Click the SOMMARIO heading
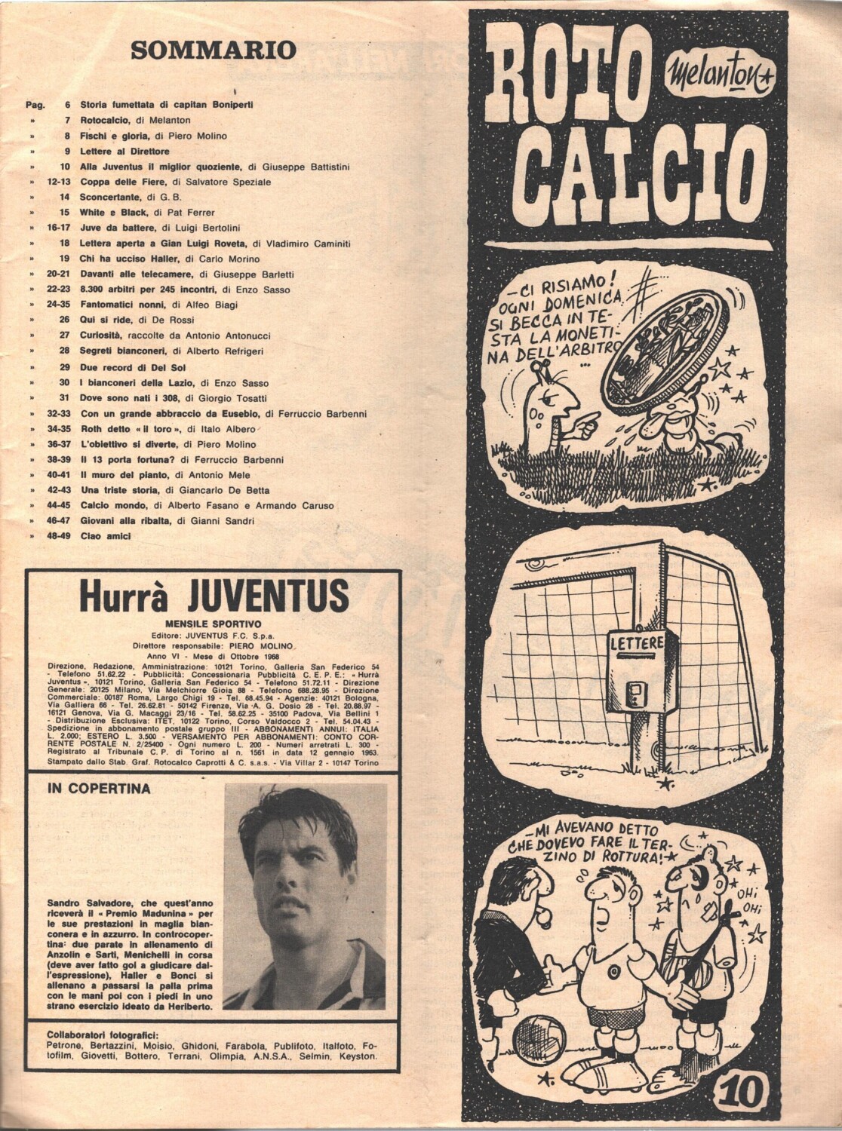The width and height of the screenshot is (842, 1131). pyautogui.click(x=213, y=51)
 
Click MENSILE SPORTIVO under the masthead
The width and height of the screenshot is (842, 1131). pyautogui.click(x=213, y=624)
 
